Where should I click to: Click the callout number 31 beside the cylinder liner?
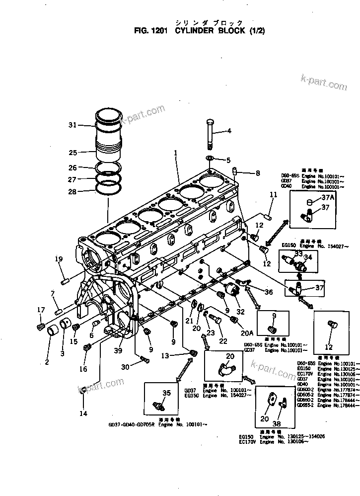(x=72, y=125)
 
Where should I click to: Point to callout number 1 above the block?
(x=175, y=154)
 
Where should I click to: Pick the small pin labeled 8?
(x=235, y=171)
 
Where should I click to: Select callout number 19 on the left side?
(x=59, y=259)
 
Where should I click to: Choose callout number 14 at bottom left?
(x=83, y=413)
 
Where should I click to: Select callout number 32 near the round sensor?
(x=241, y=312)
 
